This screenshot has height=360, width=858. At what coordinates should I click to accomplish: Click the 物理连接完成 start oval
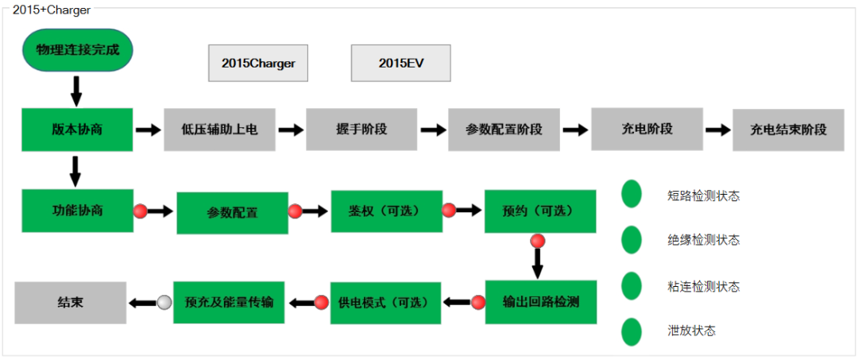77,50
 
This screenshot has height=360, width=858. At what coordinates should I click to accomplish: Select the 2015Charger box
257,64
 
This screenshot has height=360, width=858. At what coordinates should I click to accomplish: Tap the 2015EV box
400,64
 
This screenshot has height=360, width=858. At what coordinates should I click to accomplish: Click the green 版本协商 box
77,129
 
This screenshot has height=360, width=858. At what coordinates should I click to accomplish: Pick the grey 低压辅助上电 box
219,129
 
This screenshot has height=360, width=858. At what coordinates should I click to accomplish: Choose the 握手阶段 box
361,129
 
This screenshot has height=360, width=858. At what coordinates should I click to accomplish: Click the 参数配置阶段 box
504,129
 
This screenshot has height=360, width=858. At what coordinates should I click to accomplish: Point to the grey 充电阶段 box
646,129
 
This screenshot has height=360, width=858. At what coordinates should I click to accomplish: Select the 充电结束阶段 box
788,130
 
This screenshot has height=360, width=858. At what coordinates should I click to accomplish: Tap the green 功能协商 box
77,211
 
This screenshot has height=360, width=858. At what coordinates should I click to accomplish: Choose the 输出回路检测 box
540,302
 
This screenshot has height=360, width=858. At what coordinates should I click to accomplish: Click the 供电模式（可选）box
385,303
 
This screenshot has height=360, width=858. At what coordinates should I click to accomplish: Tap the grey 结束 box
71,302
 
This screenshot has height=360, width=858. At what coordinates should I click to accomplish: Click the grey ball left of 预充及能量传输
164,302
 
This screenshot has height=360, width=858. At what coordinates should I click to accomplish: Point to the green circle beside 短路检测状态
632,194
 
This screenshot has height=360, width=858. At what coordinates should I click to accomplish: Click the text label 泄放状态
692,331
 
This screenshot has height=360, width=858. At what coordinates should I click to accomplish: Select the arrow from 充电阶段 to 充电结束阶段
717,130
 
